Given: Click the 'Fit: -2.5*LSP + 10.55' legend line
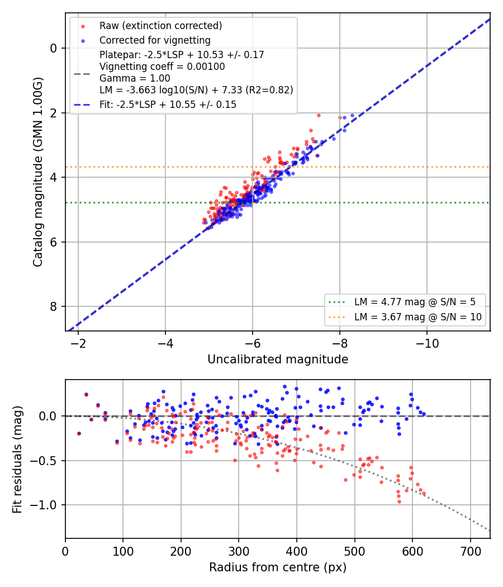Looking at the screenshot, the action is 168,105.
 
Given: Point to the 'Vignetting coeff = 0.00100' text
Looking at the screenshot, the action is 162,67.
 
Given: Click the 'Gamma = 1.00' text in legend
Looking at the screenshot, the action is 135,78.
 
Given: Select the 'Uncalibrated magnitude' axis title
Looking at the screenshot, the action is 278,359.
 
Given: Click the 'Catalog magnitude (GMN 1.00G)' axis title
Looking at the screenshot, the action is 37,172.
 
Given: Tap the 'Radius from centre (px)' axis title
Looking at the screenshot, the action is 278,567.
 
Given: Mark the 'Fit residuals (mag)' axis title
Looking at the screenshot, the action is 17,460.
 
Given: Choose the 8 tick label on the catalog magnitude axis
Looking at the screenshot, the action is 54,306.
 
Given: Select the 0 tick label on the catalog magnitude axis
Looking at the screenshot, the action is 54,48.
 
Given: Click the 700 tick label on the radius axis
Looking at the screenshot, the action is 471,551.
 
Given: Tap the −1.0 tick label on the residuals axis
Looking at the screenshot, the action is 44,505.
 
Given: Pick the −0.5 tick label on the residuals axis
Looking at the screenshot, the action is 44,461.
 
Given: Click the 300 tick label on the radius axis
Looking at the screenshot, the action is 239,551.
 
